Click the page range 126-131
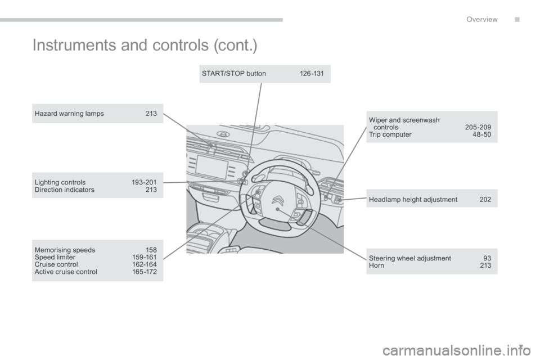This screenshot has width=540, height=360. (x=312, y=74)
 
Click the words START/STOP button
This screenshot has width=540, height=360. (x=233, y=74)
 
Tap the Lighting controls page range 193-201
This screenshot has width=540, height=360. (x=144, y=182)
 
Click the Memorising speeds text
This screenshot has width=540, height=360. (x=65, y=250)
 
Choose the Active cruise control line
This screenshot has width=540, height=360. (x=66, y=272)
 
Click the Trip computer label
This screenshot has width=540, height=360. (x=390, y=134)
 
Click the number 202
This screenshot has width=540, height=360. (x=485, y=199)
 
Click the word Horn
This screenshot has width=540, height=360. (x=377, y=265)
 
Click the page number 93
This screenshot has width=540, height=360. (x=487, y=258)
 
